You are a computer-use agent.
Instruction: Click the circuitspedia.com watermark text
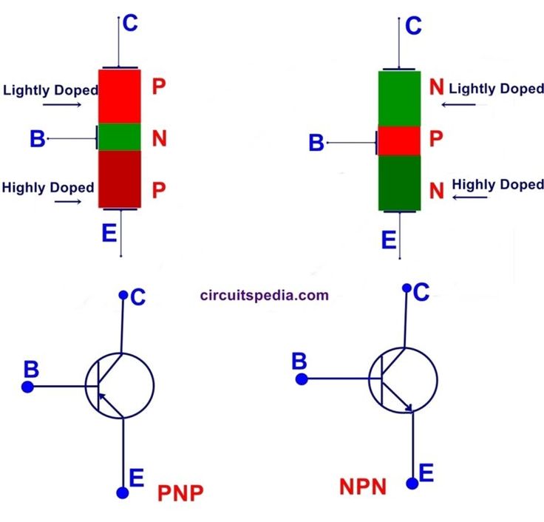point(264,295)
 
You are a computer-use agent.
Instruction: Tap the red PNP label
point(180,493)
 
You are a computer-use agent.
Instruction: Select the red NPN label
point(363,487)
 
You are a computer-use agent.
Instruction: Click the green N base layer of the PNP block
point(119,137)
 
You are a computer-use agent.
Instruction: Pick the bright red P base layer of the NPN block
point(399,140)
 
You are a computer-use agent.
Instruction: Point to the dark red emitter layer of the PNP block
point(120,179)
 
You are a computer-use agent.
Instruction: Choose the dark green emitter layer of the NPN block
point(399,183)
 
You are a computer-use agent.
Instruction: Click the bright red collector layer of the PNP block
point(119,96)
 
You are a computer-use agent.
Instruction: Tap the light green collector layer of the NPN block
point(399,98)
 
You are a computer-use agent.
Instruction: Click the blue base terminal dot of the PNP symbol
point(27,386)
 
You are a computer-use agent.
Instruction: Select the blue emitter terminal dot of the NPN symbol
point(412,483)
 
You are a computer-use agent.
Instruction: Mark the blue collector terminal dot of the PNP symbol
point(123,295)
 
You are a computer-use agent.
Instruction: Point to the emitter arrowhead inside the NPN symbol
point(409,409)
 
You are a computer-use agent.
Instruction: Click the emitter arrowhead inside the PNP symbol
point(102,397)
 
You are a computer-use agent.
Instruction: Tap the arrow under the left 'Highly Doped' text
point(68,201)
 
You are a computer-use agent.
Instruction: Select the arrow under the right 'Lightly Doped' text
point(458,104)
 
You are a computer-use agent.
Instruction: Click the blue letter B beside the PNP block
point(38,138)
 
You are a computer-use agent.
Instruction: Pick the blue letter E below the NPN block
point(389,240)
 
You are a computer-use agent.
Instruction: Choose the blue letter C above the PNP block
point(130,23)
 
